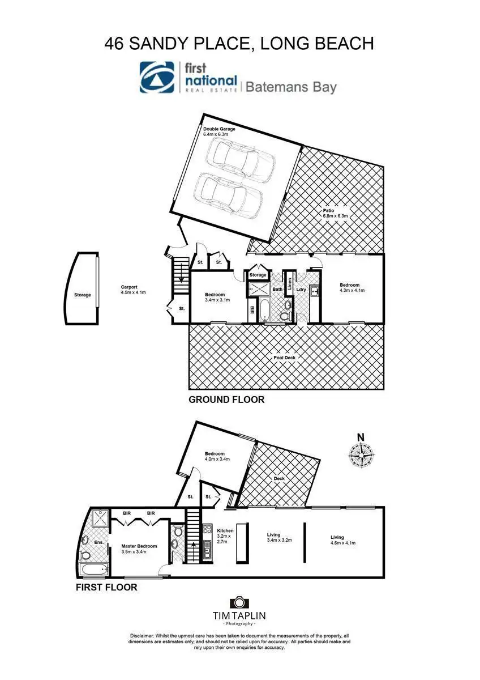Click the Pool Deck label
click(286, 358)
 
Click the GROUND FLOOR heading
click(226, 399)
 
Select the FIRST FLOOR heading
click(106, 588)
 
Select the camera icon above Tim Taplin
click(238, 602)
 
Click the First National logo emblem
click(158, 78)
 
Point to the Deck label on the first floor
click(279, 478)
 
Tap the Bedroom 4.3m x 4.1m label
click(352, 287)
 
